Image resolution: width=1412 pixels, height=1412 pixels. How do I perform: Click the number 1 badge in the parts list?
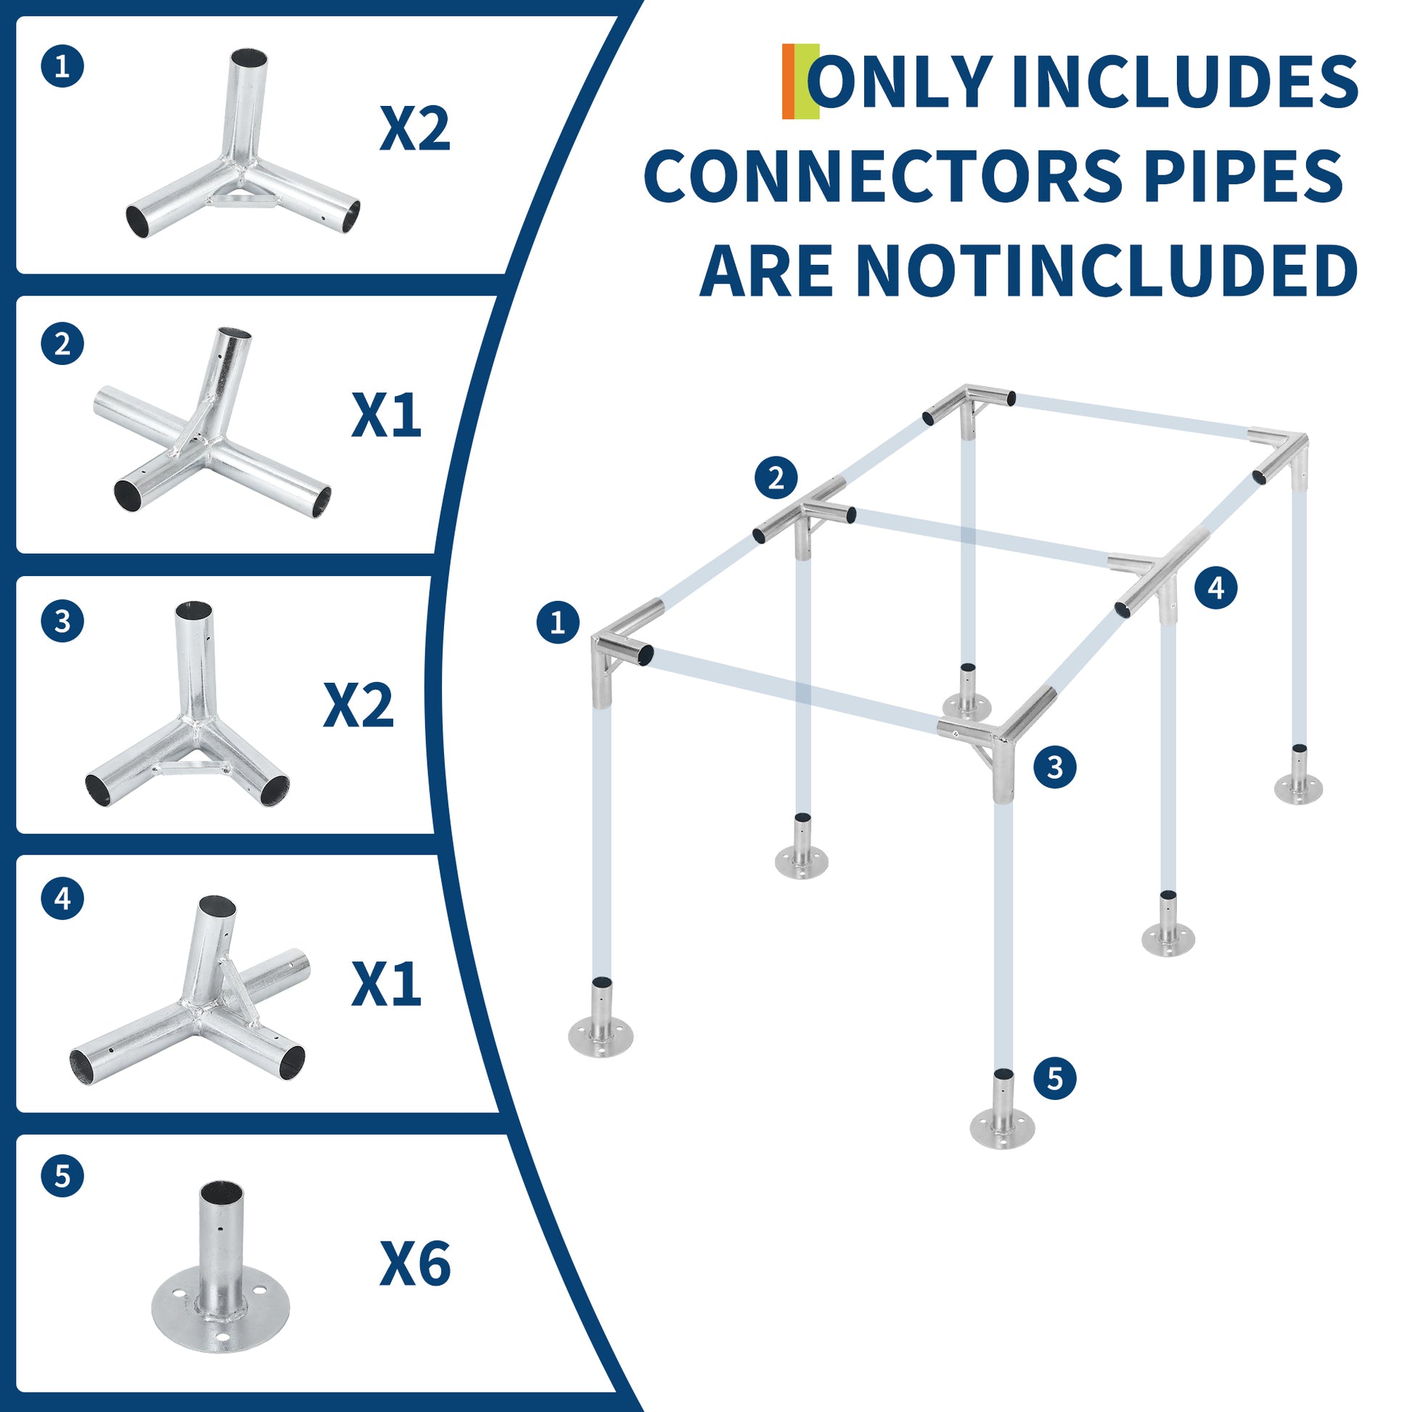(x=63, y=67)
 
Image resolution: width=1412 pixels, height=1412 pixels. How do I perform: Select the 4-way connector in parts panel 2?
(x=213, y=424)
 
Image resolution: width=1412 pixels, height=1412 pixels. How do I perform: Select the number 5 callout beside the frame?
(x=1054, y=1078)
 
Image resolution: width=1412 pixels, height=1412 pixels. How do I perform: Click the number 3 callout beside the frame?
(x=1054, y=767)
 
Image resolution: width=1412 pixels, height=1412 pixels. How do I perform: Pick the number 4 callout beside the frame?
(x=1216, y=587)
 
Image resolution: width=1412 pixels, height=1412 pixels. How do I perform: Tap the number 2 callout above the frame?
(x=776, y=477)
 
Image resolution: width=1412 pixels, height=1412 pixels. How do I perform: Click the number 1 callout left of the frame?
(x=558, y=623)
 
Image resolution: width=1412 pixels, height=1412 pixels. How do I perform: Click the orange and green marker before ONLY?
(x=800, y=81)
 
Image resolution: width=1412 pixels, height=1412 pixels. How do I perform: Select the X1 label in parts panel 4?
(x=387, y=985)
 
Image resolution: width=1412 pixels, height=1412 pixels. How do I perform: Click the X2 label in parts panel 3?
(x=359, y=705)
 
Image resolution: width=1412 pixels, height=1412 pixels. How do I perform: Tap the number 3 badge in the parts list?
(x=63, y=621)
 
